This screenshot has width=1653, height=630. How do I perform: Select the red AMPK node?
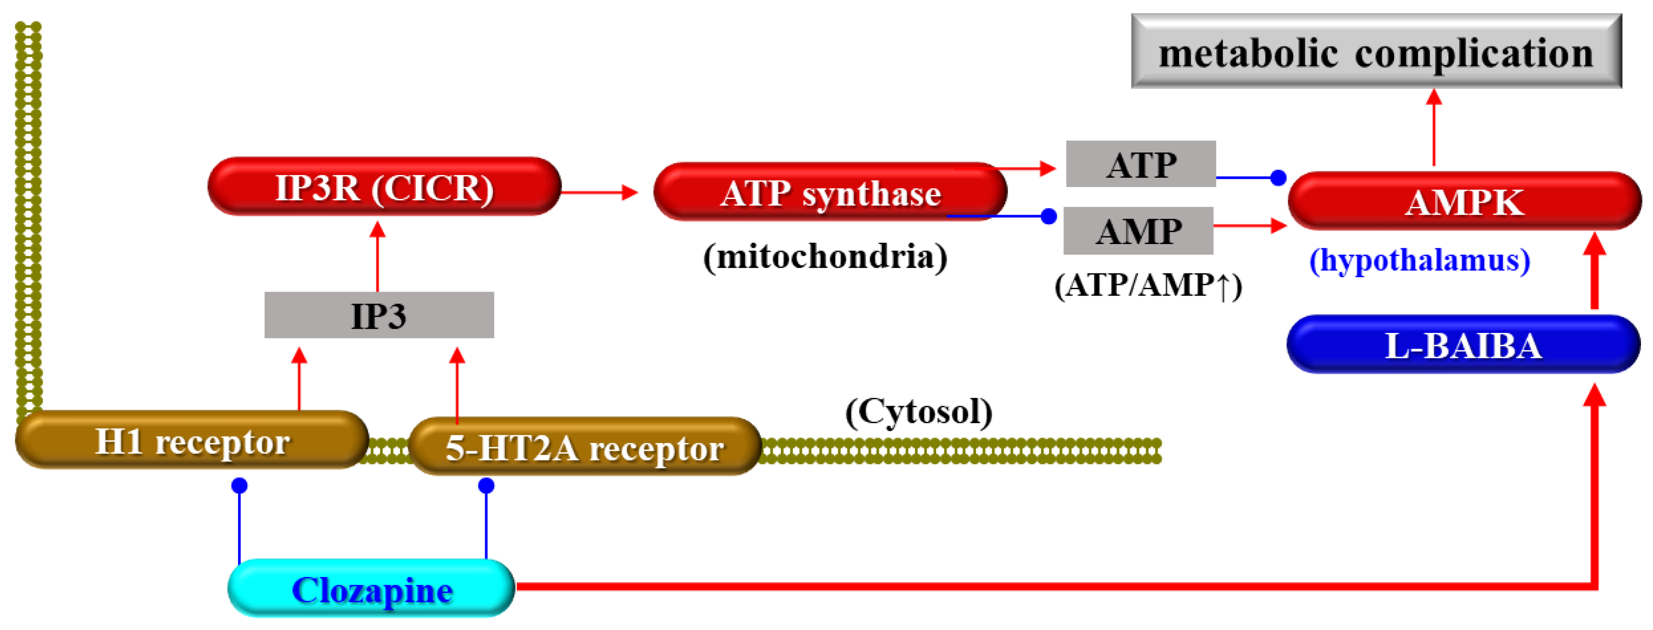click(x=1464, y=201)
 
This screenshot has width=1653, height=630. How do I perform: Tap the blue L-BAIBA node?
click(x=1463, y=344)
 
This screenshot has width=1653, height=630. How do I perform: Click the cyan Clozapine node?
click(x=371, y=588)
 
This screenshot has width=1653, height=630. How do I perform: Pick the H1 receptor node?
click(x=191, y=441)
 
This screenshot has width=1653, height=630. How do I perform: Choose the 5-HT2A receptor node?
click(x=584, y=447)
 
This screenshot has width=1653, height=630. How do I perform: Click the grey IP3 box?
click(x=379, y=315)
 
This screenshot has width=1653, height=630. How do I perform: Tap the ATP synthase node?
click(x=830, y=192)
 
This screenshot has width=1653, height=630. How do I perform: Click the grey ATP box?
click(x=1140, y=164)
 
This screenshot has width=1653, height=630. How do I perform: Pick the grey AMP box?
click(x=1138, y=230)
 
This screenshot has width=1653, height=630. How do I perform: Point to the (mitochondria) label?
click(x=825, y=257)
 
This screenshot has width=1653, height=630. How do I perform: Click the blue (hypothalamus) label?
click(x=1419, y=260)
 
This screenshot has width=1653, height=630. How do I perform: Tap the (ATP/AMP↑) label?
click(x=1147, y=285)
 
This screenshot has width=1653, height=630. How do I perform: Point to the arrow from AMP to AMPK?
click(x=1249, y=225)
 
